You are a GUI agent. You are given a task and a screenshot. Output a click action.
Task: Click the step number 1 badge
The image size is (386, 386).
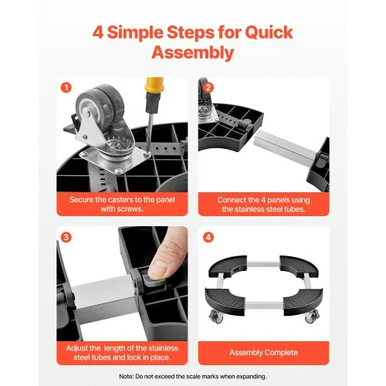66,88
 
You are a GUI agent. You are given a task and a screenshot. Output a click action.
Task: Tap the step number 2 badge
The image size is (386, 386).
208,87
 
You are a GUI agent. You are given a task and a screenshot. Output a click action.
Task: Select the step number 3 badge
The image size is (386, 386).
66,237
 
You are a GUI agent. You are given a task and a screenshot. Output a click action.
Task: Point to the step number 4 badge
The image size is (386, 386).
208,237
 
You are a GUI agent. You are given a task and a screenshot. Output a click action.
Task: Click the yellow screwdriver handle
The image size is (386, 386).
154,85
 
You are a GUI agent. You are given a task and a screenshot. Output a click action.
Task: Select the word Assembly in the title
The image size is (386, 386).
193,53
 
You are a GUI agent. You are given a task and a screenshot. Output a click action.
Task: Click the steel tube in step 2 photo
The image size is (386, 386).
284,145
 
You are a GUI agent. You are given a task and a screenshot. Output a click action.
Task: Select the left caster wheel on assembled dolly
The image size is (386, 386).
217,317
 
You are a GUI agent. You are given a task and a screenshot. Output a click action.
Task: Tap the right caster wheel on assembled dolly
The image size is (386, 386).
312,317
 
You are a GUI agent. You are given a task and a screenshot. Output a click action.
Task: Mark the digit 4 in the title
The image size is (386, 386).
98,33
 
